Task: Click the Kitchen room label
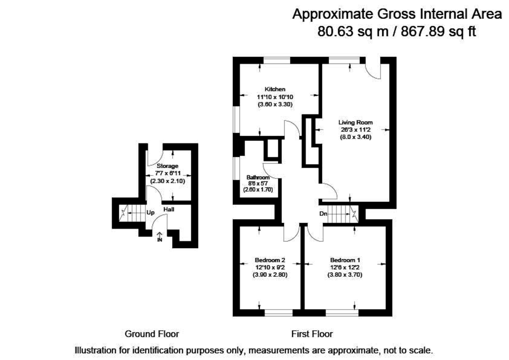click(x=275, y=89)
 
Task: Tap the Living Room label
click(x=355, y=123)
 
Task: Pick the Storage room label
click(x=168, y=166)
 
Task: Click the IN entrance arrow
click(x=160, y=237)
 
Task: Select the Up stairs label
click(x=150, y=212)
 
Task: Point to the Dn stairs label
click(x=323, y=214)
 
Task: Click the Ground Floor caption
click(x=151, y=334)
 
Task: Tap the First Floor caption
click(x=312, y=334)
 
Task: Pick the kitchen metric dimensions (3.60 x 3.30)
click(x=275, y=104)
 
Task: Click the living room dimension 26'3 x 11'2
click(x=355, y=130)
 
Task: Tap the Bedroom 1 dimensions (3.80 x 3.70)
click(x=345, y=274)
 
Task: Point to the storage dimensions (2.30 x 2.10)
click(x=168, y=181)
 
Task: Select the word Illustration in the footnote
click(x=95, y=351)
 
